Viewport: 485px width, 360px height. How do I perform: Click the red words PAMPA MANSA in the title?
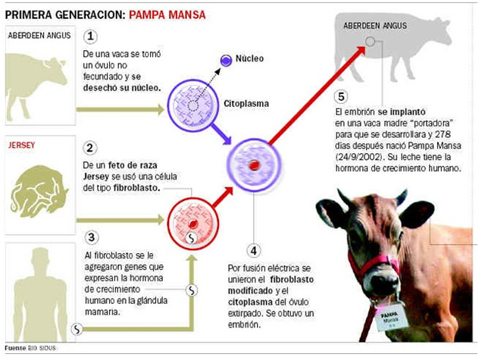(167, 14)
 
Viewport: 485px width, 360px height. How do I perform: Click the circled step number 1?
(91, 36)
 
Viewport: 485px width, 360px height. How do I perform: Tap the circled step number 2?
(91, 149)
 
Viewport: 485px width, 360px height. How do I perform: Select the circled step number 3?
(91, 237)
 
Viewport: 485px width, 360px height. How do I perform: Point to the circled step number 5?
(342, 96)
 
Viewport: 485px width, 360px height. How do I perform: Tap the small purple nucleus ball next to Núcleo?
(225, 60)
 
